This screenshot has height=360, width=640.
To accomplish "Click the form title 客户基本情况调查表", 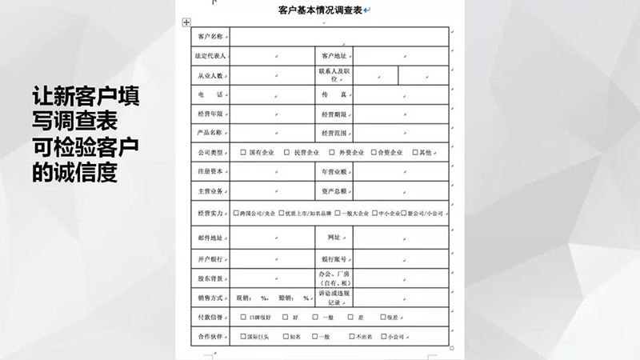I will (315, 10).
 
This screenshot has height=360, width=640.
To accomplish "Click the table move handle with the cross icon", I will (186, 22).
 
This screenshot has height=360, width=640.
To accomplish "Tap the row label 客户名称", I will (210, 37).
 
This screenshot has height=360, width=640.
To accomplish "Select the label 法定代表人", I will (210, 56).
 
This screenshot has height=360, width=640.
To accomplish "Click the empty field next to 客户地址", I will (404, 56).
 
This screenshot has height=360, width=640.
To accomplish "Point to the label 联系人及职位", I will (334, 74).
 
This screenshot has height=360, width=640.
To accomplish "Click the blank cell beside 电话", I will (272, 94).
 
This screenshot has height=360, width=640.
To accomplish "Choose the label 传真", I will (334, 94).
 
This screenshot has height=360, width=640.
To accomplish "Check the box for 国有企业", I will (243, 152).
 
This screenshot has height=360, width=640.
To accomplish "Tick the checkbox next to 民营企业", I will (286, 152).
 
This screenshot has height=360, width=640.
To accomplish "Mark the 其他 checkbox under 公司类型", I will (415, 152).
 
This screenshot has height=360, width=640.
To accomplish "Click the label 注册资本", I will (210, 172).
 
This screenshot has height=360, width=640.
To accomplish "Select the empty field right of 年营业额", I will (404, 172).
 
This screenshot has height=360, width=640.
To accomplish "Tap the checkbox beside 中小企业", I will (373, 214).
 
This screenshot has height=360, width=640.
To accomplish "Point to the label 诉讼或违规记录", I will (334, 298).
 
